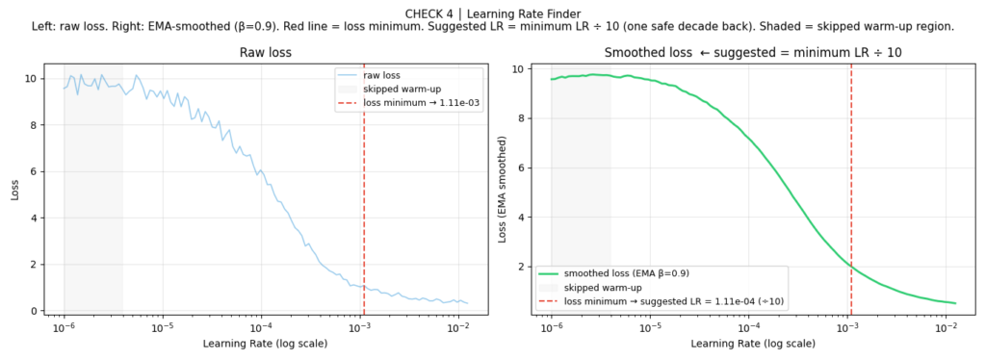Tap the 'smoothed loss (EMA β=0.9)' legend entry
[x=626, y=273]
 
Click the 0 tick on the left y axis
[x=33, y=311]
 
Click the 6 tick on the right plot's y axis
[x=520, y=167]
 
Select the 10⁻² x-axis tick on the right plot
[x=947, y=328]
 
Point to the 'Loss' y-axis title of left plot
[x=15, y=189]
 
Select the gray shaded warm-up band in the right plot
[x=581, y=193]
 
